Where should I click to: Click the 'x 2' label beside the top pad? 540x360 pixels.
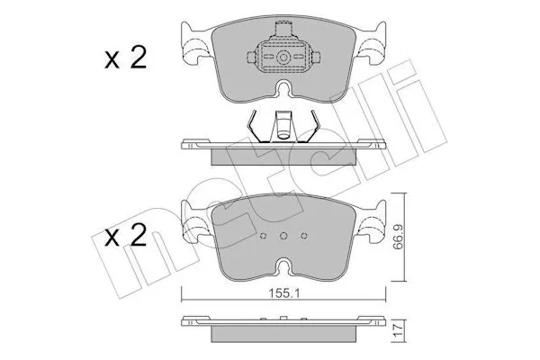[x=124, y=59]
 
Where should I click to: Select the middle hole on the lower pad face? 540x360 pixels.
[x=283, y=238]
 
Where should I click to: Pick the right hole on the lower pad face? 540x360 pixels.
[x=303, y=238]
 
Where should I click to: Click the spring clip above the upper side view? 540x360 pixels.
[x=283, y=125]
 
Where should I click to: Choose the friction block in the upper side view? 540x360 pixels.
[x=283, y=155]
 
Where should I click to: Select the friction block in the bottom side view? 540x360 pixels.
[x=283, y=335]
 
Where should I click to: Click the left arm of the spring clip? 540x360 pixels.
[x=256, y=124]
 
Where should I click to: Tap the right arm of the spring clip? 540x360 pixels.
[x=310, y=124]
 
